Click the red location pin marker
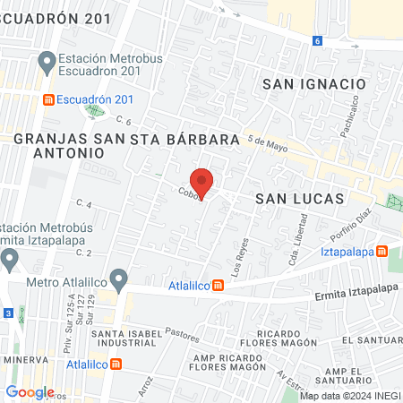pyautogui.click(x=202, y=183)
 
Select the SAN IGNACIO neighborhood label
pyautogui.click(x=314, y=83)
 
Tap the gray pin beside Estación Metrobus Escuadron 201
pyautogui.click(x=47, y=63)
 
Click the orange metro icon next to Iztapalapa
pyautogui.click(x=382, y=251)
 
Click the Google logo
pyautogui.click(x=30, y=392)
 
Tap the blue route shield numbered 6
pyautogui.click(x=317, y=40)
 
